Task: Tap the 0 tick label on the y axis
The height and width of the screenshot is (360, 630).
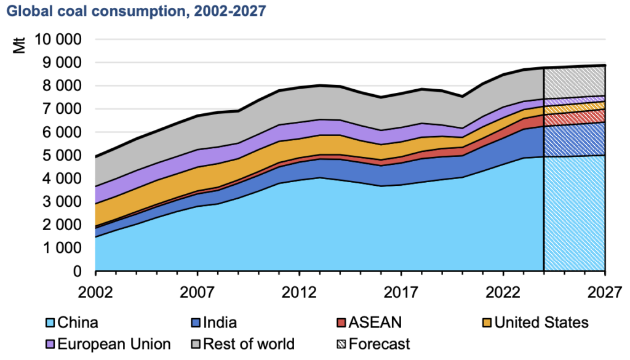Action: tap(78, 271)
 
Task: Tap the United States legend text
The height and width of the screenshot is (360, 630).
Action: tap(541, 322)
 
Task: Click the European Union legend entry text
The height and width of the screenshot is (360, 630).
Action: tap(113, 344)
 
